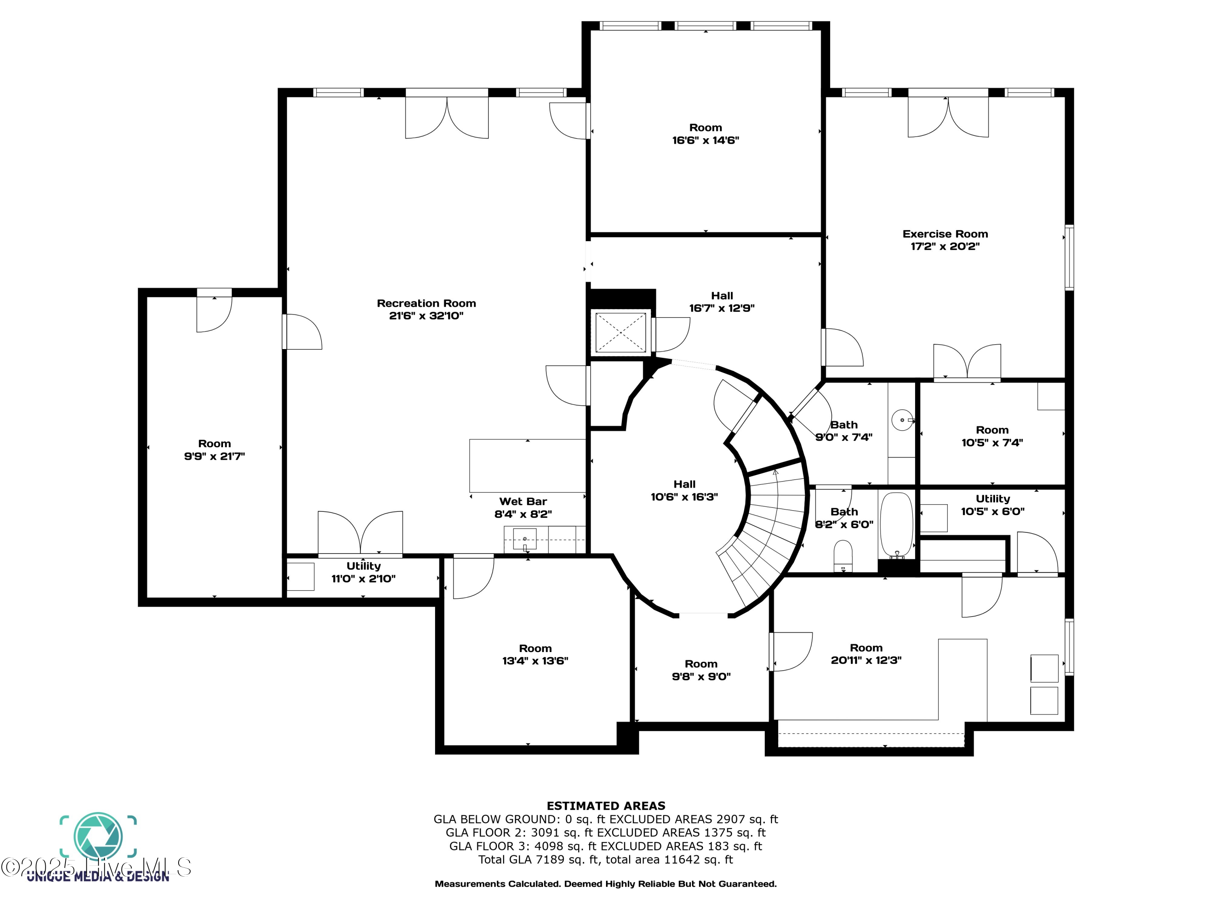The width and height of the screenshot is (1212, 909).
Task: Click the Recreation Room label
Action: coord(426,303)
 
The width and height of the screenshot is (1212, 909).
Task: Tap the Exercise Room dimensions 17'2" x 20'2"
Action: coord(945,246)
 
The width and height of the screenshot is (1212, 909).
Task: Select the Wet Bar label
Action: coord(523,501)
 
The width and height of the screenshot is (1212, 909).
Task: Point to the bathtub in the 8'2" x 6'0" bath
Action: coord(896,525)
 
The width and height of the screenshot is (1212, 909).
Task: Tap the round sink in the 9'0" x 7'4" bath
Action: coord(902,420)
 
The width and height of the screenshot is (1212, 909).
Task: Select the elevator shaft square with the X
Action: coord(620,332)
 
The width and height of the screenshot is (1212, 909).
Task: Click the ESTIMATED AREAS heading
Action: coord(606,806)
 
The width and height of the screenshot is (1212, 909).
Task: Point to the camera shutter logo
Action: coord(98,837)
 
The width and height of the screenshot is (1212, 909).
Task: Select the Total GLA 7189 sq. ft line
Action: coord(606,860)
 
